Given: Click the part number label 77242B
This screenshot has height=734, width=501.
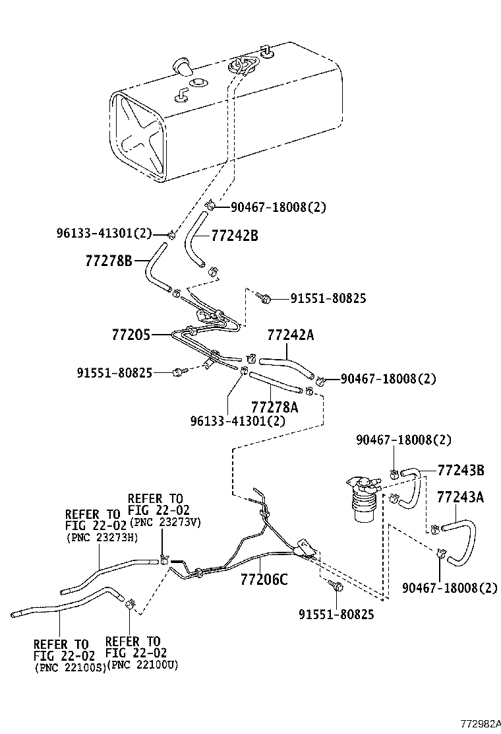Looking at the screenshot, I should (x=235, y=236).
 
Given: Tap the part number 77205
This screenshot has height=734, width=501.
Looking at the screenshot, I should (x=130, y=335).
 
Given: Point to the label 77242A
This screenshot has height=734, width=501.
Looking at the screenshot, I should (x=290, y=335).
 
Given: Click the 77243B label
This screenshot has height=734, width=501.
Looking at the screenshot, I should (x=461, y=470).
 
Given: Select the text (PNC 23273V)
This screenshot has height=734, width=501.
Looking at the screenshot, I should (x=165, y=522).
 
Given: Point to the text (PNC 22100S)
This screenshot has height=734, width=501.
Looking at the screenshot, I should (x=69, y=668).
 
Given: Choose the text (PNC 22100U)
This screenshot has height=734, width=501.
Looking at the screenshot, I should (x=142, y=664).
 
